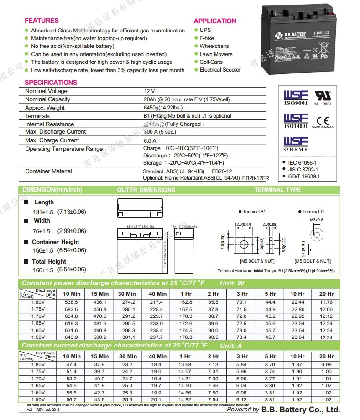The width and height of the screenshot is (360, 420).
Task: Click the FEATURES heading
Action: [42, 21]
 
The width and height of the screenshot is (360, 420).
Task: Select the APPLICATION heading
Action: [215, 21]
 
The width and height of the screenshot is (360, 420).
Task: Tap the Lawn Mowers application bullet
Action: [216, 54]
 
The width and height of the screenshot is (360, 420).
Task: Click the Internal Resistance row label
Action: [49, 124]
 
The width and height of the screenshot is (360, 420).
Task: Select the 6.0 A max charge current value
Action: [150, 140]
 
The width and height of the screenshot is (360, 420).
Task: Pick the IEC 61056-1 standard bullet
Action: [303, 162]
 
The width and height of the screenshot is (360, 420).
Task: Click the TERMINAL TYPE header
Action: [277, 190]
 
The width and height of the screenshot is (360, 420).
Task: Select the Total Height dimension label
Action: [49, 262]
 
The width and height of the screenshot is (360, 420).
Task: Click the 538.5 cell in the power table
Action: [72, 302]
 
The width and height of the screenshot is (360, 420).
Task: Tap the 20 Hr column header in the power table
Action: [326, 294]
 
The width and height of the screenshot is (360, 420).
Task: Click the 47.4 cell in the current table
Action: [72, 364]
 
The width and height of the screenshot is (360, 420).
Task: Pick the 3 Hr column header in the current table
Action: [242, 356]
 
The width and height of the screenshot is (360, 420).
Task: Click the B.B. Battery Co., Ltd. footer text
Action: [302, 410]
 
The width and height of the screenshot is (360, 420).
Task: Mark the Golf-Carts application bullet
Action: [211, 62]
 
